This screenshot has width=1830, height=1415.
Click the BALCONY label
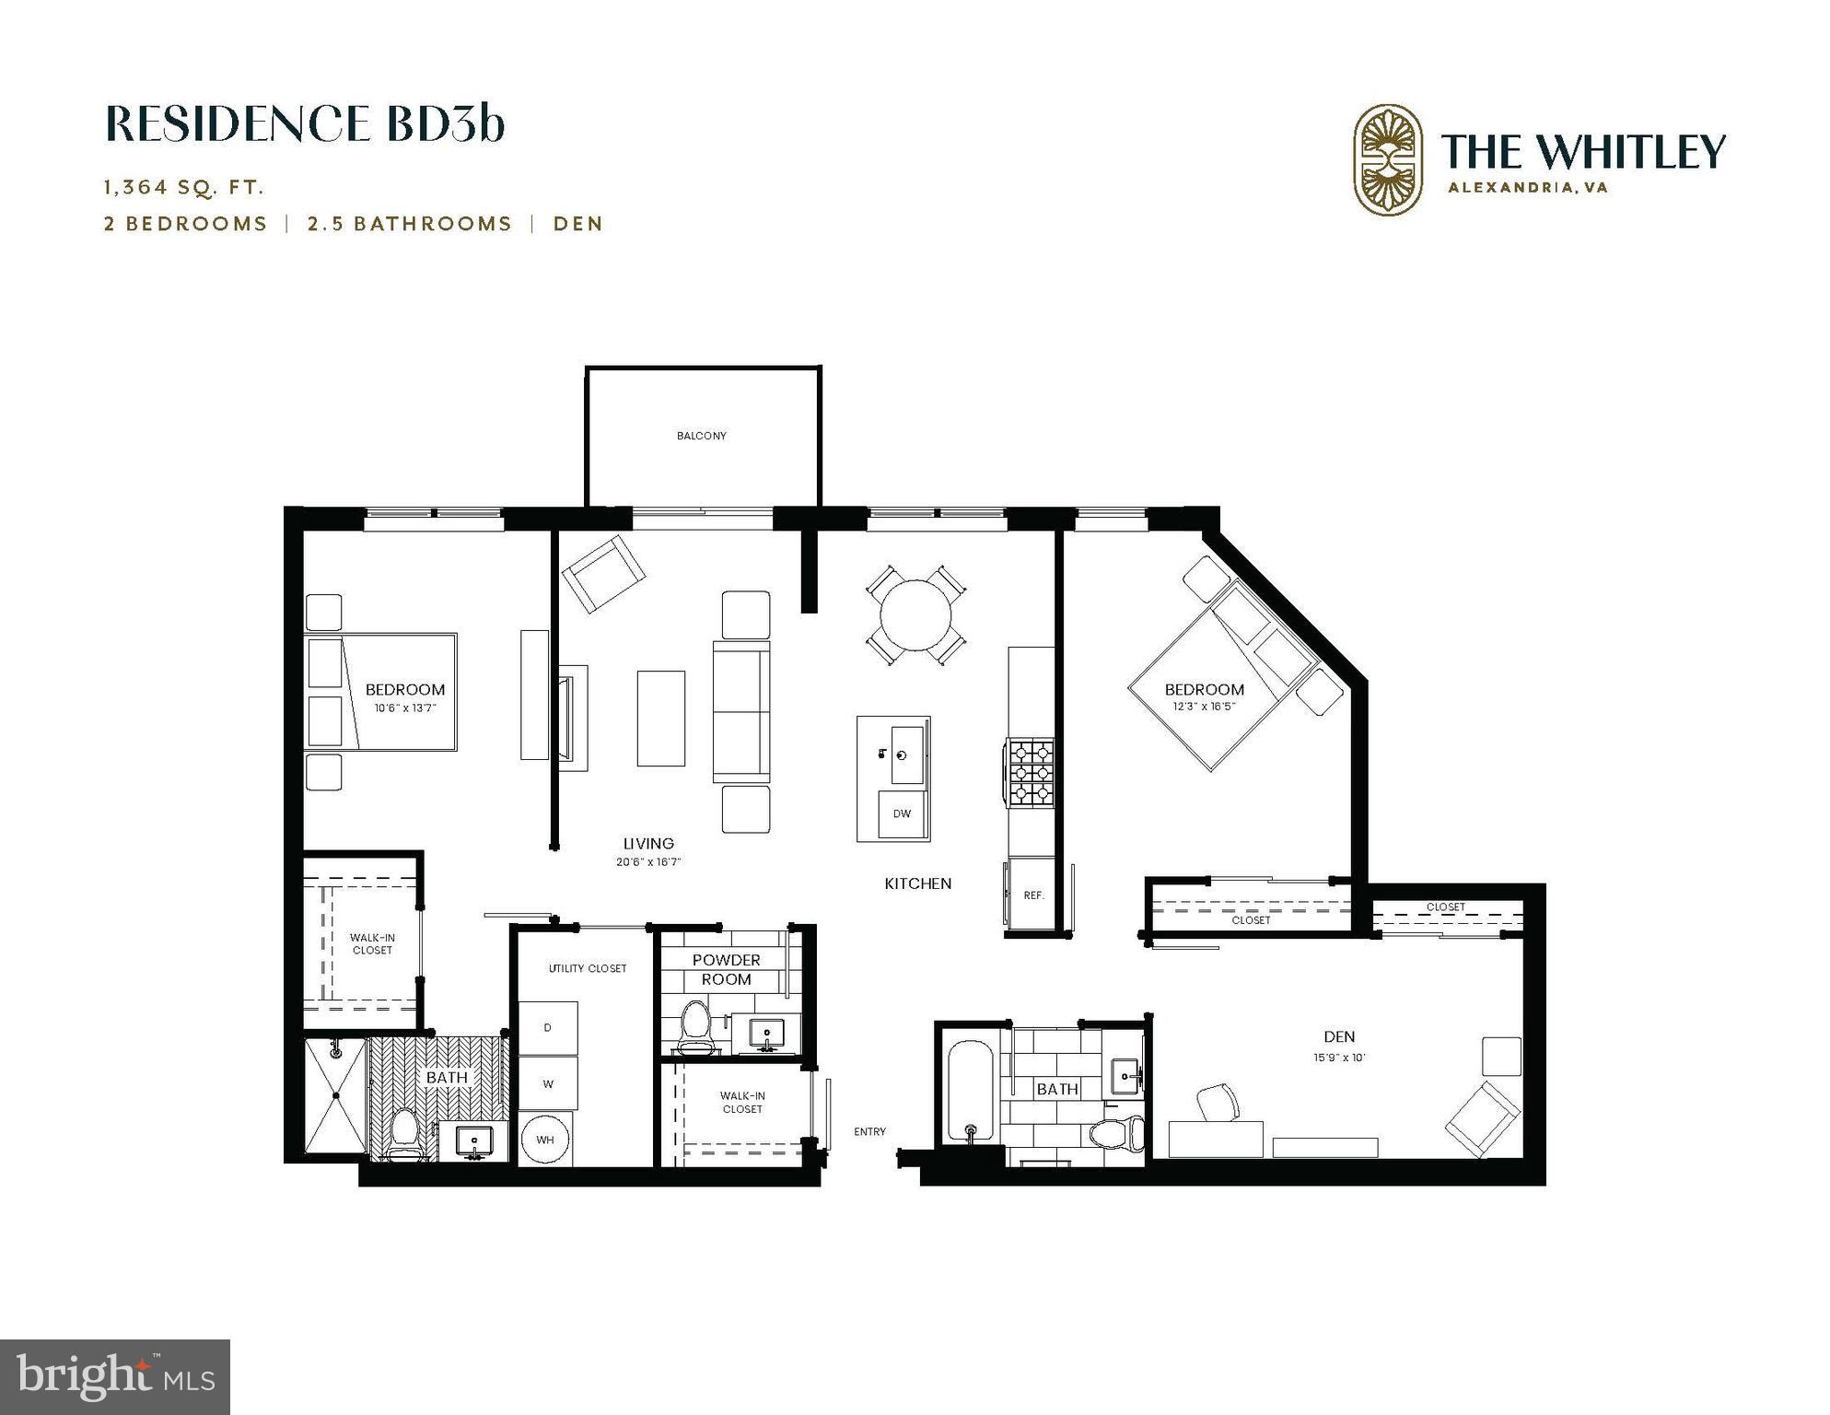click(701, 436)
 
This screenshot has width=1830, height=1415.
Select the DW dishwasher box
click(902, 813)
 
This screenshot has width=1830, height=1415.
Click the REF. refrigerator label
click(1033, 895)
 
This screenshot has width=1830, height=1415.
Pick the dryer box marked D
click(548, 1027)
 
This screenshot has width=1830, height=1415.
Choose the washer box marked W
click(548, 1083)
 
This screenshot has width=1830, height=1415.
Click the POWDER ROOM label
click(726, 969)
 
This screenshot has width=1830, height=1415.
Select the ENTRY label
click(869, 1132)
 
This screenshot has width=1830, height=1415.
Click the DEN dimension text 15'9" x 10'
click(1338, 1058)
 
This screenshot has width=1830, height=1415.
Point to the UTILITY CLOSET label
click(587, 968)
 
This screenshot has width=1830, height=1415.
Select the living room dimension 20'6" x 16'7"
click(648, 862)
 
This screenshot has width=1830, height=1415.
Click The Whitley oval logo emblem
click(1387, 159)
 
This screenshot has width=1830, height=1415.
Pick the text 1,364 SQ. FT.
click(184, 187)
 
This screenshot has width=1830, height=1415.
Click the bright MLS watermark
click(115, 1377)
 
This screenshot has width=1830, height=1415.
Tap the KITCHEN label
click(917, 883)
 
